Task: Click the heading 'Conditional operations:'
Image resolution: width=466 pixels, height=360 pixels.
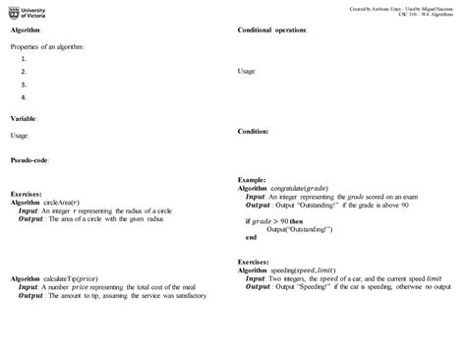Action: [x=272, y=30]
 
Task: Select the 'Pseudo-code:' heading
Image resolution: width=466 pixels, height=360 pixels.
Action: [x=31, y=159]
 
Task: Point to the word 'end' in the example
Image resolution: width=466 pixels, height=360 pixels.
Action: [x=251, y=237]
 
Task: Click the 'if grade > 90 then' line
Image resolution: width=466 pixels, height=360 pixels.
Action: [x=281, y=221]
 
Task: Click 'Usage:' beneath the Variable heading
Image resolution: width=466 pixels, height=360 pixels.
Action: [x=20, y=135]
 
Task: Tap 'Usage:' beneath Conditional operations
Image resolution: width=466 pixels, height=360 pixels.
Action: [x=248, y=72]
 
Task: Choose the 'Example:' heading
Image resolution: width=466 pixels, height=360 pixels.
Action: [x=254, y=179]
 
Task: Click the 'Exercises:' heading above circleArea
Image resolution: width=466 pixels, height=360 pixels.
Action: [x=27, y=194]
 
